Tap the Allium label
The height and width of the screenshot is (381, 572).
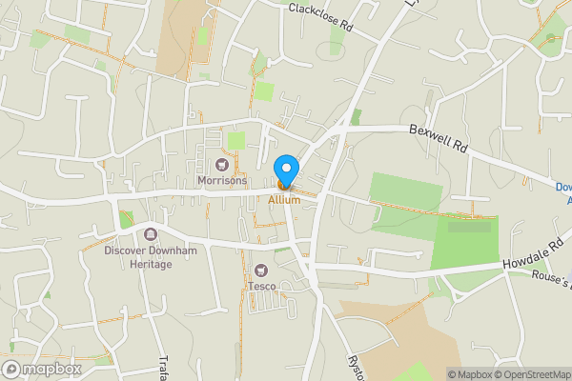(x=284, y=200)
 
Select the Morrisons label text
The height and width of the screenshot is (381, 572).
(x=221, y=180)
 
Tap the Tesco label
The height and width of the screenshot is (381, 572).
(x=262, y=286)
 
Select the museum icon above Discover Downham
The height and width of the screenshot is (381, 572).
(x=150, y=234)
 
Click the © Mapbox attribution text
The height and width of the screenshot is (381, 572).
(x=469, y=374)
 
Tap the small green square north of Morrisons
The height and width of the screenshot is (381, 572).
(x=235, y=141)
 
